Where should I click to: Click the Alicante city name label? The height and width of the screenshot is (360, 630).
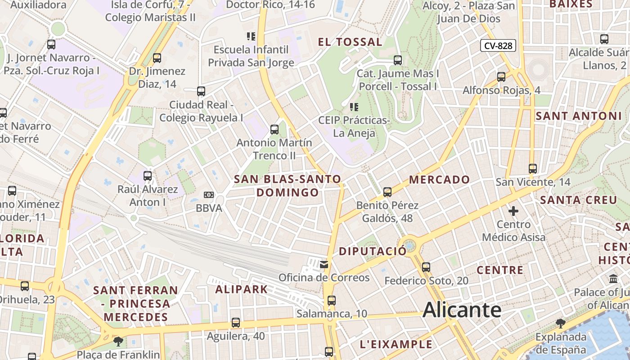pos(462,310)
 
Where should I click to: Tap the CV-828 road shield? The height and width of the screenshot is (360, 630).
pos(498,45)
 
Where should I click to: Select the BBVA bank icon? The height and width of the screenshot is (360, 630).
pos(208,195)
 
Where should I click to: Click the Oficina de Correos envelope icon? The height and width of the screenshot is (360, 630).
pos(324,264)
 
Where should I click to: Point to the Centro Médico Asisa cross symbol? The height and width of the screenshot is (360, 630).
pos(513,211)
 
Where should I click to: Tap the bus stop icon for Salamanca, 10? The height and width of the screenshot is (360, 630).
pos(332,300)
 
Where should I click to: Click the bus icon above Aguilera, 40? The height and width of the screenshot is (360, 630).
pos(236,323)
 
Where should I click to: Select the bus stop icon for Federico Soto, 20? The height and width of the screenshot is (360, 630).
pos(426,267)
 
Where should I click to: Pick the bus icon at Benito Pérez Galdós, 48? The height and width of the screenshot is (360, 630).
pos(387,192)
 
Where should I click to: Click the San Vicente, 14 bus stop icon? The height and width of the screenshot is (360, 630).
pos(533,169)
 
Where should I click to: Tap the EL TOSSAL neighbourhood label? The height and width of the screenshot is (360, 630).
pos(350,42)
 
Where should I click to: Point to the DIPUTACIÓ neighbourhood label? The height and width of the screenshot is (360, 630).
pos(373,251)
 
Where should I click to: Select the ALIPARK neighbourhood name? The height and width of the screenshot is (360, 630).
pos(242,289)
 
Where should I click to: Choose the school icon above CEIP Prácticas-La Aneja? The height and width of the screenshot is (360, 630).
pos(354,107)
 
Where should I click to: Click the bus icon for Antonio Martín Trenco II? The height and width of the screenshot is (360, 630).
pos(274,130)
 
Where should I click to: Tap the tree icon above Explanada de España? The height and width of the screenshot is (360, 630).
pos(561,323)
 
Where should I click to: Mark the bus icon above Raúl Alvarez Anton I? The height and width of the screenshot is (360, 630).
pos(148,176)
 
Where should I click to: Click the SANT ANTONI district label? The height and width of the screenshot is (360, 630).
pos(578,116)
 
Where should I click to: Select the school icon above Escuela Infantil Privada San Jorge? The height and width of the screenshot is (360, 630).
pos(251,36)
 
